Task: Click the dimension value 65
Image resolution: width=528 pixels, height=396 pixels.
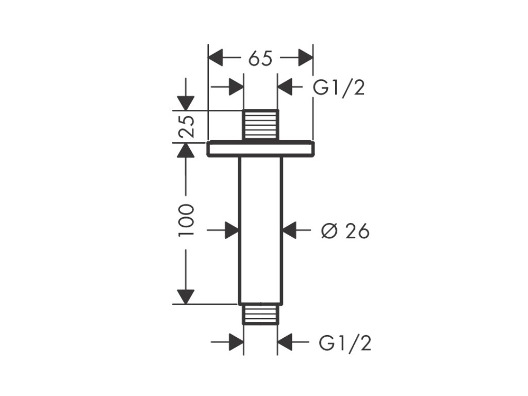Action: click(x=260, y=58)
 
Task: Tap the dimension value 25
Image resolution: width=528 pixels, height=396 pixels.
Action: click(x=187, y=125)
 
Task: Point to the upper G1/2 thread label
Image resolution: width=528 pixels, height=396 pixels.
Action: click(x=339, y=89)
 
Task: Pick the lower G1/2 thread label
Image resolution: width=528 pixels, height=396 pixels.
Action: click(x=345, y=343)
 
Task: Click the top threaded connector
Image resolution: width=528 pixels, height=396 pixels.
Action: click(x=260, y=124)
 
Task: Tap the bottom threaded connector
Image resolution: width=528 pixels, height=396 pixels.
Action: click(x=260, y=314)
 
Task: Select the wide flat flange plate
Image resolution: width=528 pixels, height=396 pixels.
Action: click(x=260, y=148)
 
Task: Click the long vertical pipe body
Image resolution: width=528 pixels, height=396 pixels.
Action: click(x=260, y=230)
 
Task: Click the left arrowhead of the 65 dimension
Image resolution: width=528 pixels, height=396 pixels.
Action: click(x=216, y=58)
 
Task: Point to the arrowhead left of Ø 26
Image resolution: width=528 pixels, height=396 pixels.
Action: click(x=291, y=230)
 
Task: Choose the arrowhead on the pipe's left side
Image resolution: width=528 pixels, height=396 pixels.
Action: click(x=231, y=230)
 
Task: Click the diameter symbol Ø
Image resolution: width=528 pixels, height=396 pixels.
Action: click(x=329, y=232)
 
